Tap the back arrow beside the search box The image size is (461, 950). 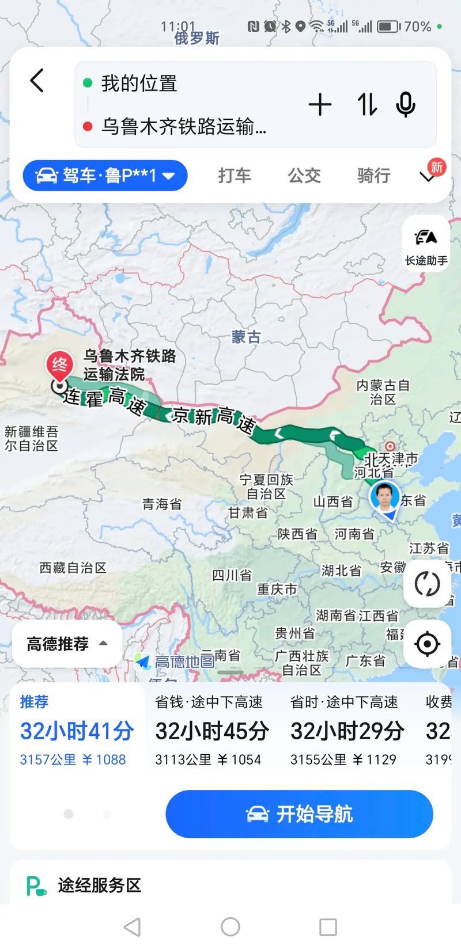point(37,81)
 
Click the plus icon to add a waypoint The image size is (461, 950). point(320,105)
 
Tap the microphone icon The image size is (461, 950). point(406,105)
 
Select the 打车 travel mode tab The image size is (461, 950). point(235,175)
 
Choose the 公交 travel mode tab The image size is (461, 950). point(304,175)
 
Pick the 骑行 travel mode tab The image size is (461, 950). point(373,175)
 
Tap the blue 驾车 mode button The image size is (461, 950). point(105,175)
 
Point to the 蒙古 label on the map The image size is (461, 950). point(246,337)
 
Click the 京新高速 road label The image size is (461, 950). point(213,419)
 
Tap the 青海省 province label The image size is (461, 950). point(162,504)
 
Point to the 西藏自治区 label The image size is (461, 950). point(73,568)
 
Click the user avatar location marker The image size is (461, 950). point(385,497)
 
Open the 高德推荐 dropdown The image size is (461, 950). point(67,644)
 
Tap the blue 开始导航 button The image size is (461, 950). point(299,814)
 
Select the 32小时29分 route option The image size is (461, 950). point(347,731)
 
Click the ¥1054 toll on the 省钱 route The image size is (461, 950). point(239,760)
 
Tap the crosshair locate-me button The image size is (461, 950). point(427,644)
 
